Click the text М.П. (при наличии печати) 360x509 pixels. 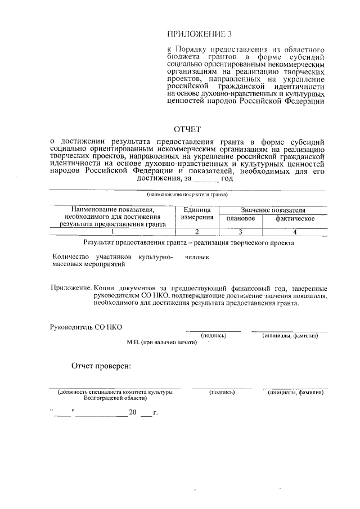coord(162,342)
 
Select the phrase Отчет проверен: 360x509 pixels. coord(101,367)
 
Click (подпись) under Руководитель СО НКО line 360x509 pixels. coord(214,336)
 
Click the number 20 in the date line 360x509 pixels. coord(133,412)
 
